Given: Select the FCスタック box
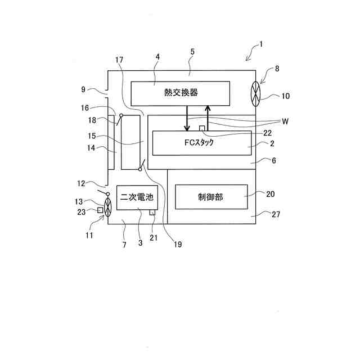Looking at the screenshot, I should tap(201, 143).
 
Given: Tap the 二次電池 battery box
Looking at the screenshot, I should tap(136, 197).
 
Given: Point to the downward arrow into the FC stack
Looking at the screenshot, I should tap(187, 118).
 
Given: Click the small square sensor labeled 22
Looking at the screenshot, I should tap(202, 129).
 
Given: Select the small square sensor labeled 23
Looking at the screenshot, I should tap(100, 210).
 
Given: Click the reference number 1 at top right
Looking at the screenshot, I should tap(260, 43).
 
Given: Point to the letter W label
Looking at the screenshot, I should tap(285, 121).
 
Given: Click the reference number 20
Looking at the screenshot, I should tap(270, 193).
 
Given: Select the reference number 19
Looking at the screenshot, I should tap(178, 245).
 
